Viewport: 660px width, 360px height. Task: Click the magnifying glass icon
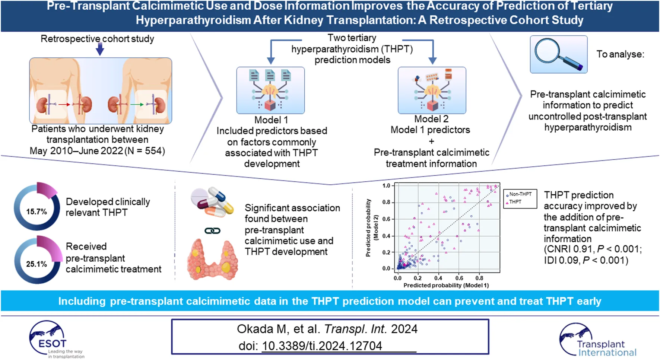558,54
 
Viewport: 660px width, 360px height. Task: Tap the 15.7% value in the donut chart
37,211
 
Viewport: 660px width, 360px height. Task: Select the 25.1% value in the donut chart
37,264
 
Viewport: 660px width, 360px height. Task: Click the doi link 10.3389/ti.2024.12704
322,346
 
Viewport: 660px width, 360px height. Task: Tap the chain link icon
213,231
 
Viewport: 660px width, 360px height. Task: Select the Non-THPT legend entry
520,194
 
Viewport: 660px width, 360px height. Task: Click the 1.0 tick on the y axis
386,185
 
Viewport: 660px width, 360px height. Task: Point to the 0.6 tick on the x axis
459,278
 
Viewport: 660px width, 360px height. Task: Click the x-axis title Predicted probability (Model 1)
446,285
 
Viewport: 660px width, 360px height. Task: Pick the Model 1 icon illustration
270,90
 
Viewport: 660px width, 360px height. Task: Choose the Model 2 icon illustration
432,90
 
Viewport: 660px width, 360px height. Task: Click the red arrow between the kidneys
64,105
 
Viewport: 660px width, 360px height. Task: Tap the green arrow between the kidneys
137,105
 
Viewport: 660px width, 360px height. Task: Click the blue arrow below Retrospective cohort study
100,49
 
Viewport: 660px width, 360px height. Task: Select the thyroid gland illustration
212,259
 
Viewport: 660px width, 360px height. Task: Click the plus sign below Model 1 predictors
431,141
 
